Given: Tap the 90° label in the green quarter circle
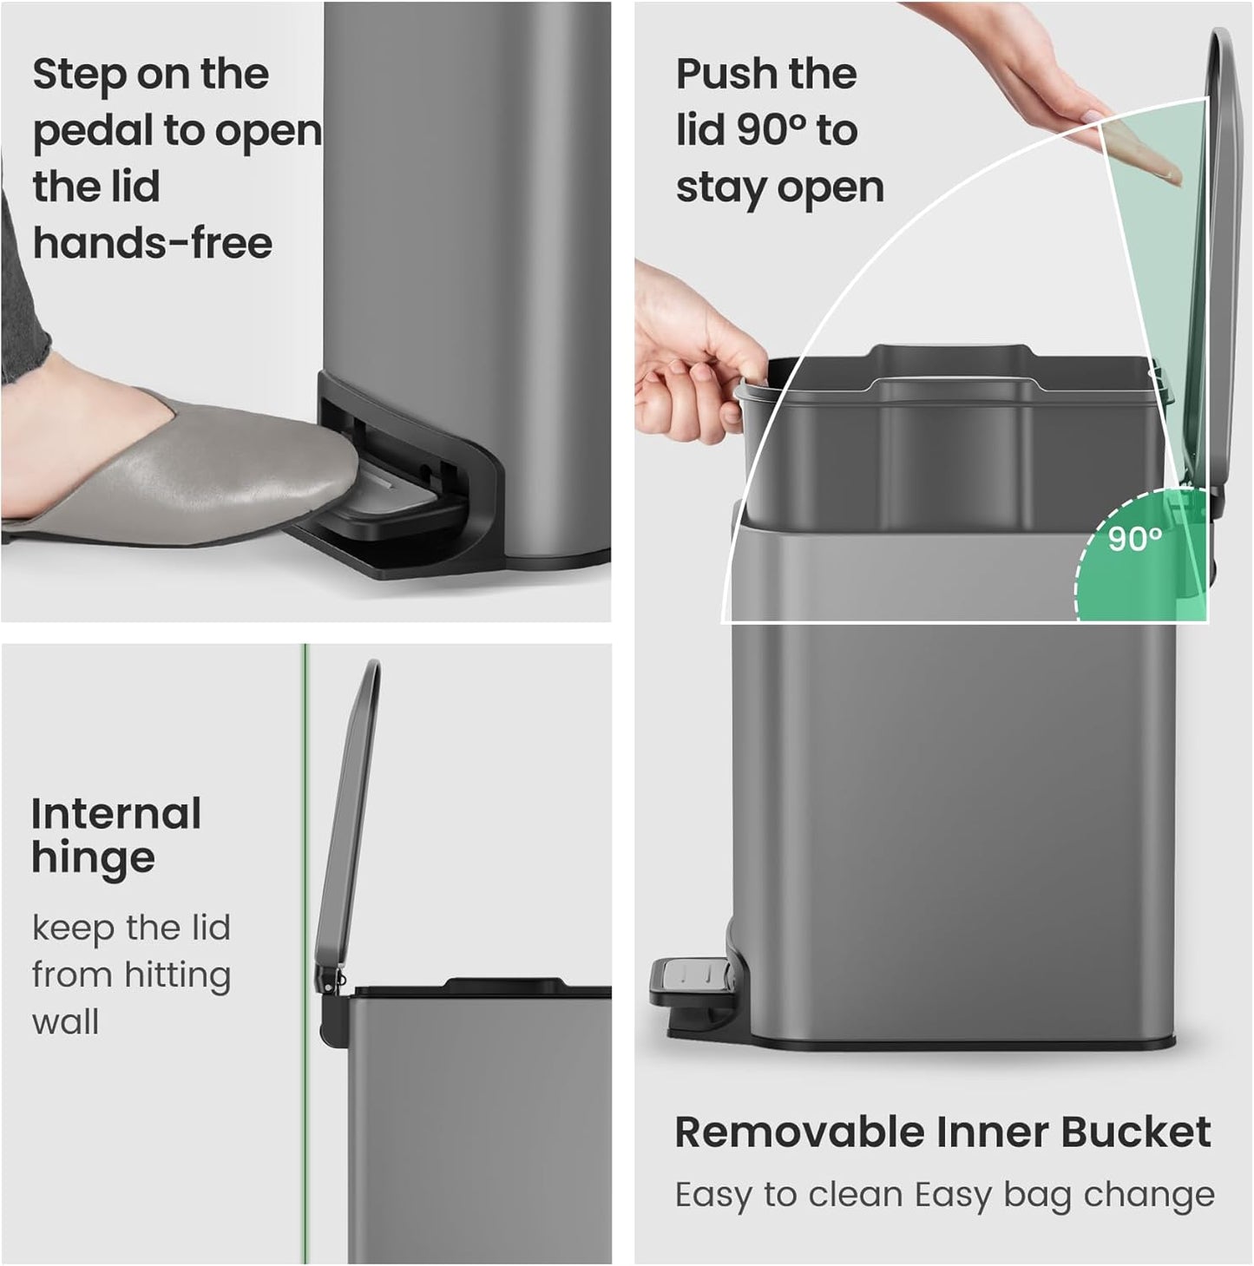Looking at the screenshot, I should pos(1134,540).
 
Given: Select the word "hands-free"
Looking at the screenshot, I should pos(153,243).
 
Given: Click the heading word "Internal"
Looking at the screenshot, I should pos(116,814).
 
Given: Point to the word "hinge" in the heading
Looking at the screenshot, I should pos(94,859).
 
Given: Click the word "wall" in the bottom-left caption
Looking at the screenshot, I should pos(65,1022).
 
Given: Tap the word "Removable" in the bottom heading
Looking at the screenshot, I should pos(799,1132).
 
